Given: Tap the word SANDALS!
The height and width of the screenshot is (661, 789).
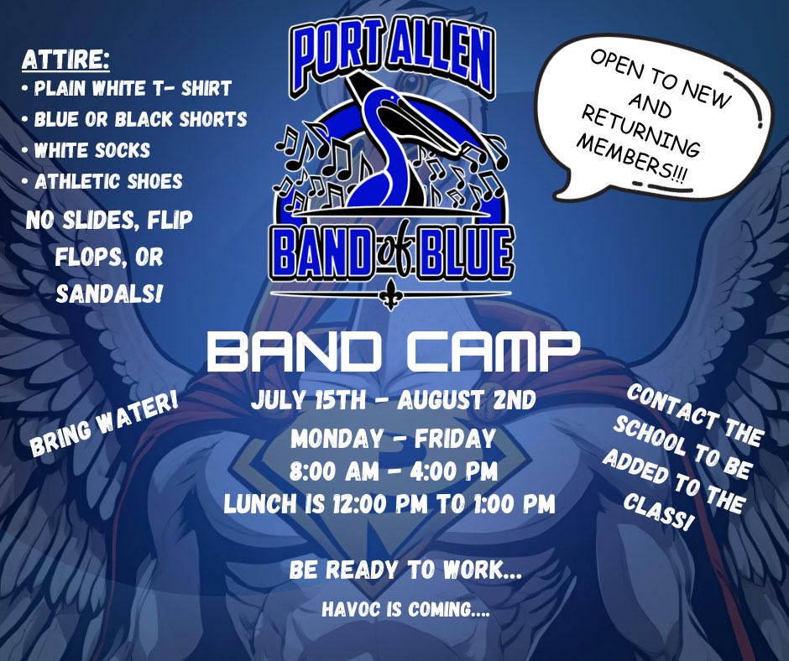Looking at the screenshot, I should point(108,294).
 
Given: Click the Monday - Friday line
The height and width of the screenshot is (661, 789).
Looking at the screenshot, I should point(392,439).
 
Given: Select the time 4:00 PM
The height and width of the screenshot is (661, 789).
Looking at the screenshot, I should point(461,471).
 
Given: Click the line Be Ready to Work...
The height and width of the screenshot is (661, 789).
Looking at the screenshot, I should point(405,571).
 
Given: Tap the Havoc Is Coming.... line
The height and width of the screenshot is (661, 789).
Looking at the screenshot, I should point(405,611).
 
